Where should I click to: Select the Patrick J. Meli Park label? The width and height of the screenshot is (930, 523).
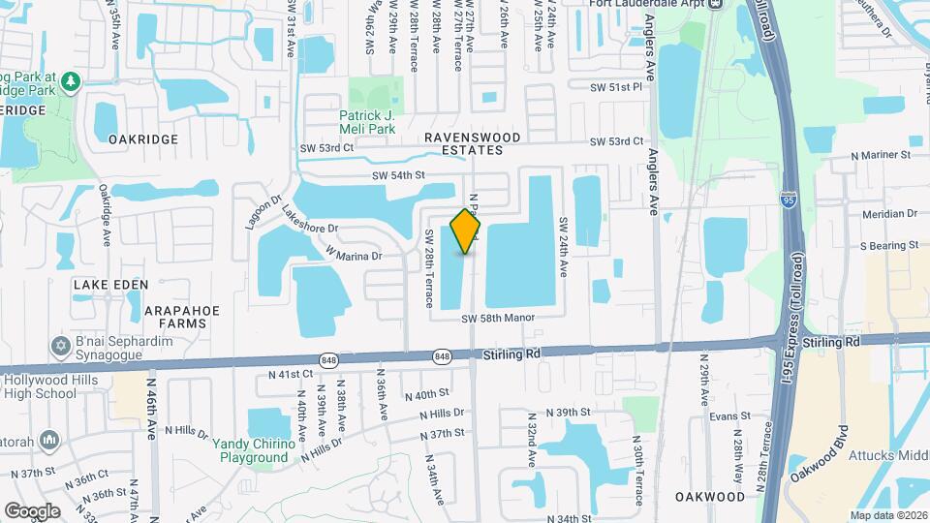point(367,122)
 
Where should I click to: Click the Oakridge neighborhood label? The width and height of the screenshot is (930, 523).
point(143,139)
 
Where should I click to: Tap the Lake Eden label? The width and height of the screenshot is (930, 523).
point(111,284)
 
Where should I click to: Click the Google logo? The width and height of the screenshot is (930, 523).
point(32,510)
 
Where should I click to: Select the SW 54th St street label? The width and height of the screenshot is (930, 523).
point(399,175)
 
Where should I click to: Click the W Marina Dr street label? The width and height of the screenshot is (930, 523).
point(355,256)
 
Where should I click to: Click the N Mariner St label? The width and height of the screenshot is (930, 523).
point(881,154)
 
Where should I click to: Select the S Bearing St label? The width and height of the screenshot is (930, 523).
point(887,246)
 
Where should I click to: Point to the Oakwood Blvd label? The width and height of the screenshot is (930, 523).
point(820,453)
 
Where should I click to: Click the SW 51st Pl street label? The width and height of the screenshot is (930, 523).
point(617,87)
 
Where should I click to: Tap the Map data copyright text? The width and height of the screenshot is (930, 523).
point(887,515)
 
